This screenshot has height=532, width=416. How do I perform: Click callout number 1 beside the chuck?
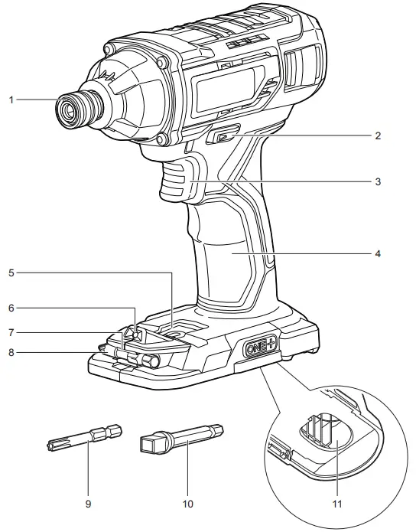click(x=11, y=100)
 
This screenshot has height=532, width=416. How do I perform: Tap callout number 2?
click(x=378, y=135)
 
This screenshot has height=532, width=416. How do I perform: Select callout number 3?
click(x=378, y=182)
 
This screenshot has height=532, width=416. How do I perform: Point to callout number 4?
click(x=378, y=254)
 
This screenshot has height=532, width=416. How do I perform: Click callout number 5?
click(x=11, y=273)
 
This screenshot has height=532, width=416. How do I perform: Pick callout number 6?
click(x=11, y=308)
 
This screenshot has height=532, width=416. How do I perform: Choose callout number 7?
click(x=11, y=333)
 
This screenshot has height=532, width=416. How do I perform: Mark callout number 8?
click(x=11, y=353)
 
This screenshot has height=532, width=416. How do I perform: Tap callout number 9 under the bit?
click(x=88, y=504)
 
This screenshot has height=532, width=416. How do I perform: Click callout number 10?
click(x=188, y=504)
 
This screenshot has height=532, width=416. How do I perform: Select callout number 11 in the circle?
click(x=337, y=504)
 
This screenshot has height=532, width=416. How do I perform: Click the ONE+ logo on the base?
click(x=261, y=347)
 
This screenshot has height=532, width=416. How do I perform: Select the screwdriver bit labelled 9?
click(x=84, y=439)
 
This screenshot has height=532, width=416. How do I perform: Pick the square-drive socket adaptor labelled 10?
click(x=181, y=439)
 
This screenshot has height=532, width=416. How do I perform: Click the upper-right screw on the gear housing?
click(x=162, y=62)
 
